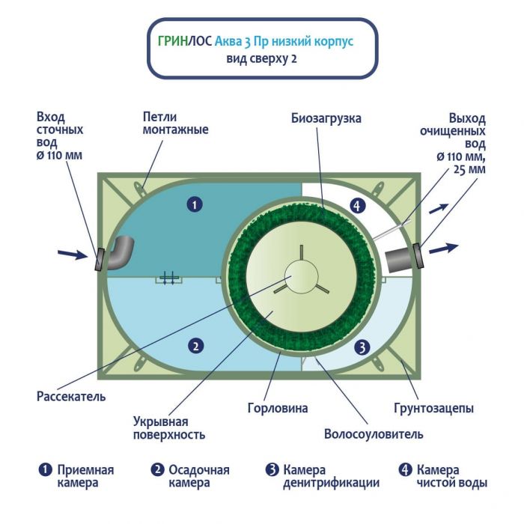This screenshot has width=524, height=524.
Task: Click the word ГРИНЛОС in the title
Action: (x=185, y=43)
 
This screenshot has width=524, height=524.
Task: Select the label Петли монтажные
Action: (x=175, y=124)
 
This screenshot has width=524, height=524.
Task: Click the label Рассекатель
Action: (x=71, y=396)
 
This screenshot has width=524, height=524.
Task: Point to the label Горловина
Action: (x=277, y=409)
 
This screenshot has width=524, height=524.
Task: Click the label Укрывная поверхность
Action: (x=168, y=427)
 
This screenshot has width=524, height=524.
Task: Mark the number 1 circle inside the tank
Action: (x=194, y=204)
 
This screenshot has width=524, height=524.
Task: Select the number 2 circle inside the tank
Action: (x=195, y=346)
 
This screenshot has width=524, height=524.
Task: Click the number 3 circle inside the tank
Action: (x=362, y=347)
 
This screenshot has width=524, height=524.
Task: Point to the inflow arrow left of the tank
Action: (x=73, y=255)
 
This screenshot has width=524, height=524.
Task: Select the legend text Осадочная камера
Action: (x=198, y=476)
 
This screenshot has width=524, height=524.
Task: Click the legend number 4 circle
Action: (x=405, y=470)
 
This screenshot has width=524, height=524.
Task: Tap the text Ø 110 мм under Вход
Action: (x=59, y=156)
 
